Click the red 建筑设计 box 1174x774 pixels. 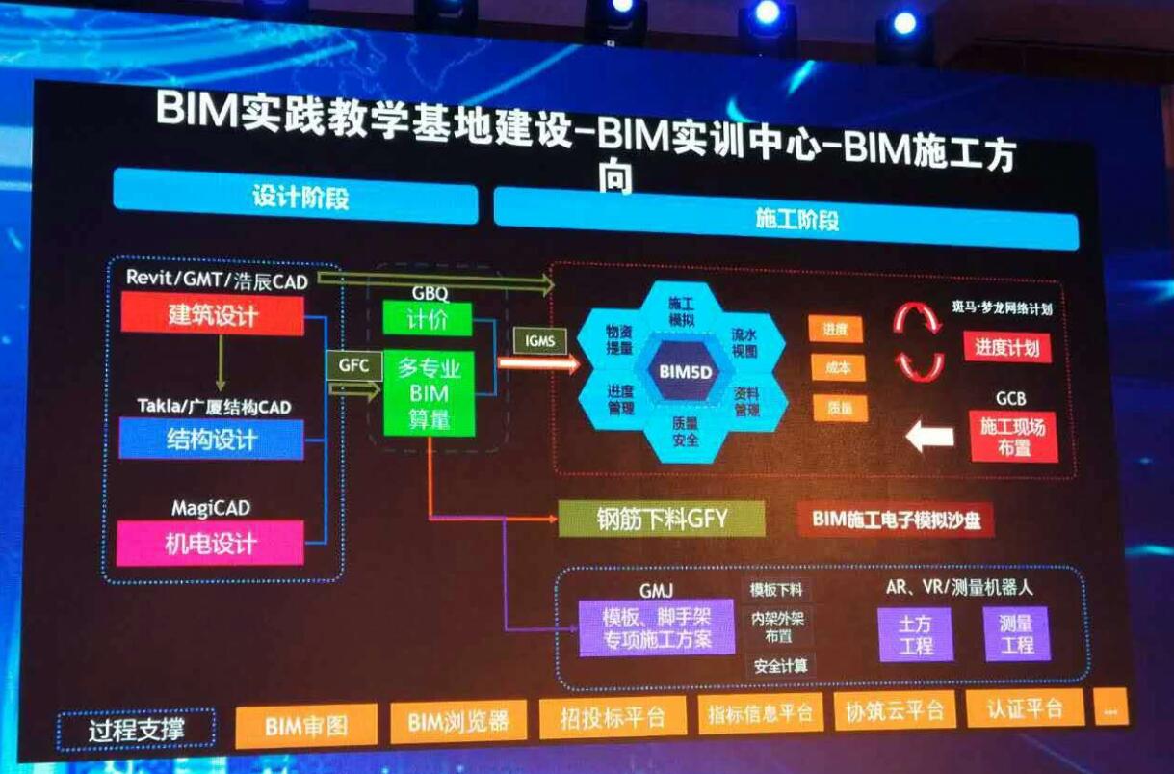tap(213, 314)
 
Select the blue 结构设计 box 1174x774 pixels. tap(211, 439)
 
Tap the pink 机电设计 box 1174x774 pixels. tap(211, 543)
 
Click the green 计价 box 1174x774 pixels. tap(427, 319)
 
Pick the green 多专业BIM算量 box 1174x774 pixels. tap(429, 392)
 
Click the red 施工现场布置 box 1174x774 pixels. tap(1012, 437)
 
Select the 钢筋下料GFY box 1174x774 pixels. tap(662, 519)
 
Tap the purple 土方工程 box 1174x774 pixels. tap(915, 634)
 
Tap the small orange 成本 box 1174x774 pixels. tap(838, 368)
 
